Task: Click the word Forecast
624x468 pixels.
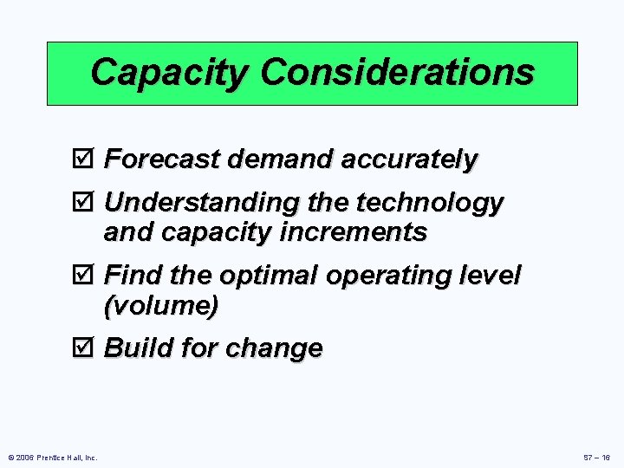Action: (x=162, y=159)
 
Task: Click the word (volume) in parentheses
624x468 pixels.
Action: (x=160, y=306)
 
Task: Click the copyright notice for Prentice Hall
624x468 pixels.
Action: (x=53, y=457)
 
